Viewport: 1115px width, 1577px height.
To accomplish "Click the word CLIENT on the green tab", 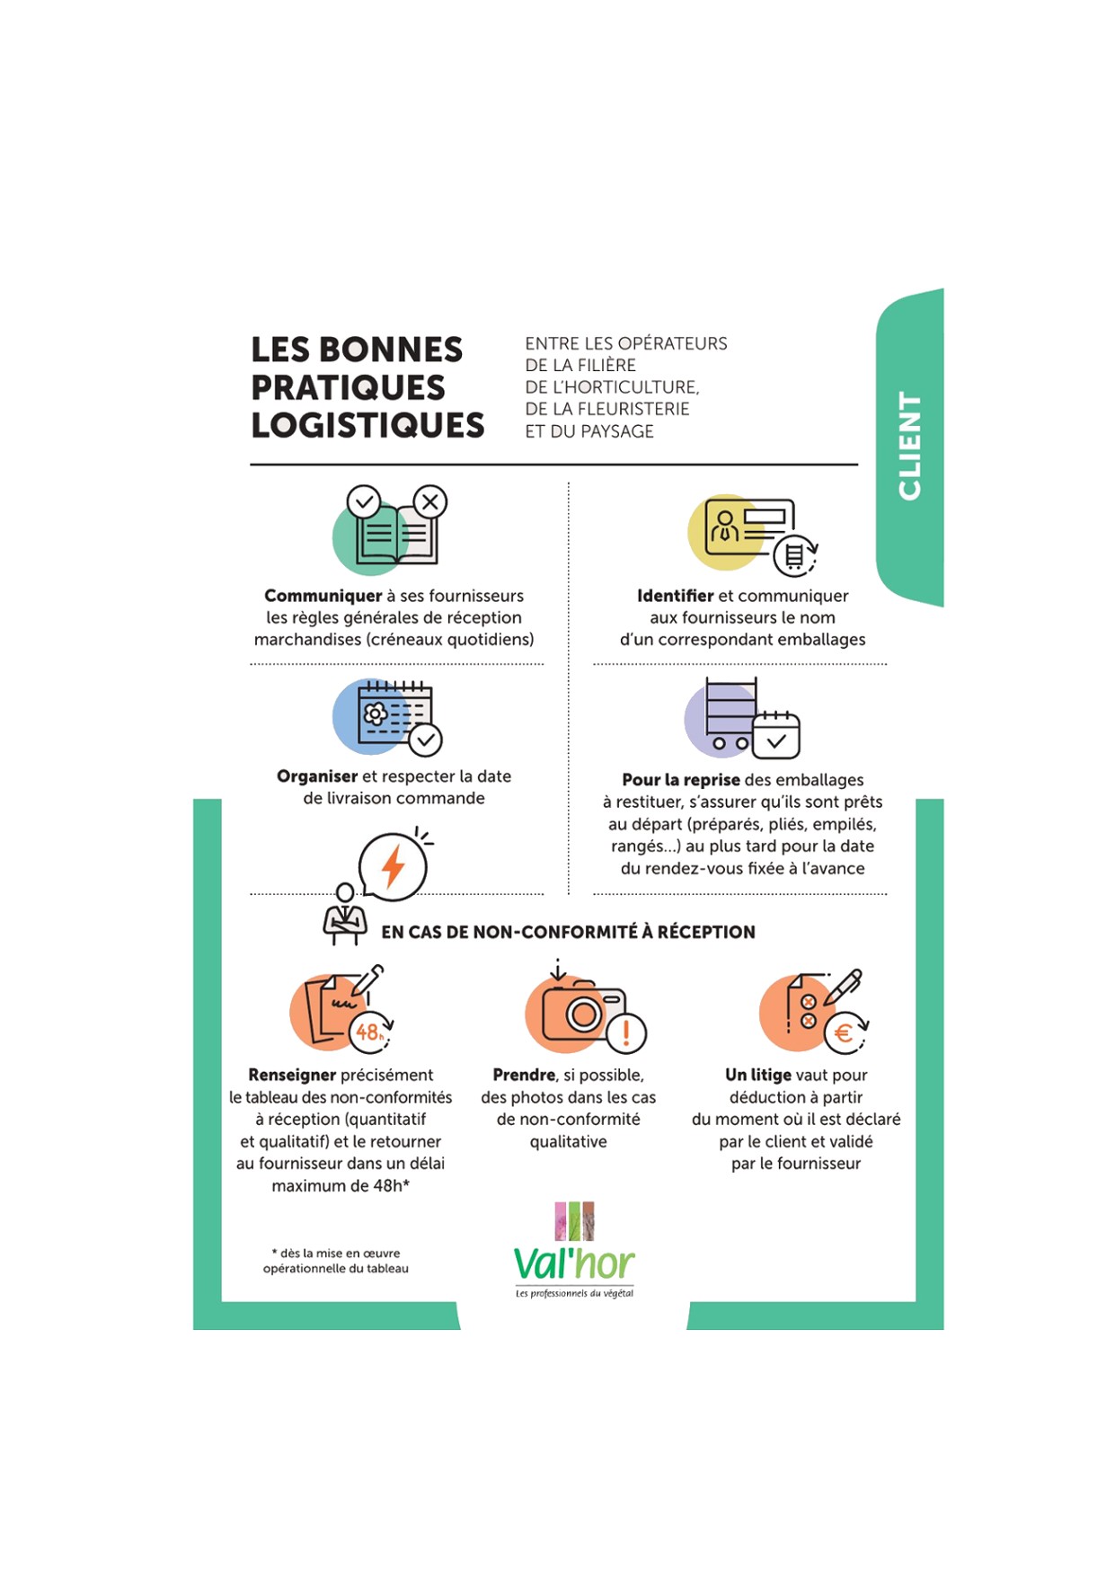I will point(909,446).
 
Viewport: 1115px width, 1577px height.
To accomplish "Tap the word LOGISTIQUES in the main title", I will point(367,426).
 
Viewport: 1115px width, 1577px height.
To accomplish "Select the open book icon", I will point(397,536).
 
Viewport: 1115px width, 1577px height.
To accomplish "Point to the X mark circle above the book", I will point(430,501).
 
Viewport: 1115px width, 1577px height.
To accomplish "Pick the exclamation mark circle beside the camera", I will point(626,1032).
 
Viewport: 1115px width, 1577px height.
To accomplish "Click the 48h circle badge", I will point(370,1032).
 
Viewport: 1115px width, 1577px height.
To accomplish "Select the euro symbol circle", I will point(844,1032).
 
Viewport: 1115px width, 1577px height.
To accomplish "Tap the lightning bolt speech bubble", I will point(393,867).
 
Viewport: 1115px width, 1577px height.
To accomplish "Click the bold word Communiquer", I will point(323,596).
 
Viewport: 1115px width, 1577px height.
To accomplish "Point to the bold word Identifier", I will point(675,596).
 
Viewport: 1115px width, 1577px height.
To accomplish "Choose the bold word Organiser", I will point(317,776).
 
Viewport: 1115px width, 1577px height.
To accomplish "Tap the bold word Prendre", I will point(524,1075).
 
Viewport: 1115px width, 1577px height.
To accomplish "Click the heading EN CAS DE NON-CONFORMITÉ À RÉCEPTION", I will point(568,932).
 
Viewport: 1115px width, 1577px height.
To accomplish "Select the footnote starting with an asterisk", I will point(335,1261).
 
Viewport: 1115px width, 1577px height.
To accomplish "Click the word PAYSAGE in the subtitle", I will point(617,431).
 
